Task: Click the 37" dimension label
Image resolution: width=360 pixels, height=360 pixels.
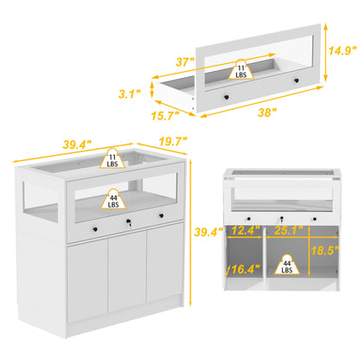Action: (185, 61)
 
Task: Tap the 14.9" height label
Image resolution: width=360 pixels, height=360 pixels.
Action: (343, 50)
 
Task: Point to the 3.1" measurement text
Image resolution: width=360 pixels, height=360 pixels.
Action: (130, 93)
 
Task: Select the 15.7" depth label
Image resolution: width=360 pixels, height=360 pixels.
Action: (165, 116)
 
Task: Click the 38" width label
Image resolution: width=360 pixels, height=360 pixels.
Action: (267, 112)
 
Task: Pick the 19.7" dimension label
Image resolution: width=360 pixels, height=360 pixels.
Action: (173, 141)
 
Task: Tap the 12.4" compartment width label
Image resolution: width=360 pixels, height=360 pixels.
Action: (245, 230)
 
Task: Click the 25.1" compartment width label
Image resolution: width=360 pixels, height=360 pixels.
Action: (288, 230)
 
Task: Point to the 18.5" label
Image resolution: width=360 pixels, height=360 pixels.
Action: (325, 250)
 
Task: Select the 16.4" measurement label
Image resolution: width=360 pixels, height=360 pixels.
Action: (245, 269)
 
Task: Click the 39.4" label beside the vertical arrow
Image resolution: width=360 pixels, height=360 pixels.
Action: (209, 232)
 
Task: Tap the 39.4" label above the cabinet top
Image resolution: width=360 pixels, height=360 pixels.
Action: (77, 145)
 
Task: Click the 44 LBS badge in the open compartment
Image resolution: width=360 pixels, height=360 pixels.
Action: (286, 265)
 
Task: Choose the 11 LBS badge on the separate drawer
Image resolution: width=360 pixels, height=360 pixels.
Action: (241, 69)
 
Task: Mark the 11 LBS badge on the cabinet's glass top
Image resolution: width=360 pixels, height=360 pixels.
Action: (112, 158)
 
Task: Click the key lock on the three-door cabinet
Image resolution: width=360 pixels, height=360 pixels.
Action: (128, 222)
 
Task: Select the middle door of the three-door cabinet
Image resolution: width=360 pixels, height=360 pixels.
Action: (127, 276)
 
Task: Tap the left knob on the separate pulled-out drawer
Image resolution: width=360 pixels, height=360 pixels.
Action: (226, 98)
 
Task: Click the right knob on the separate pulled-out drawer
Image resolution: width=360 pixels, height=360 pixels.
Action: (296, 80)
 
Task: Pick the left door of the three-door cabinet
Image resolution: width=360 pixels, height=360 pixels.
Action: (87, 283)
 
